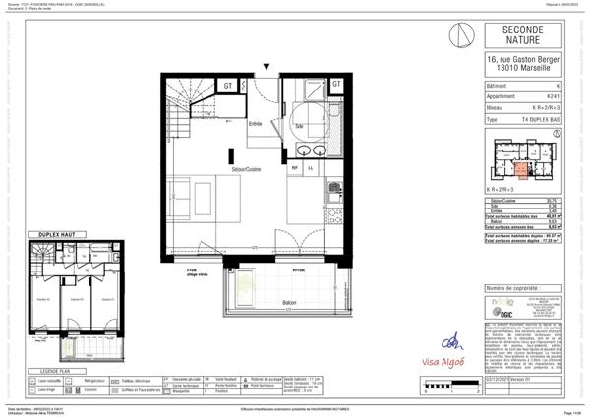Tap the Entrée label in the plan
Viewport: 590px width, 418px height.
coord(255,124)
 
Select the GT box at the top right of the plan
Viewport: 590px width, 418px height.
coord(335,85)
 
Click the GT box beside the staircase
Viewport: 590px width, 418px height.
coord(228,86)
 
